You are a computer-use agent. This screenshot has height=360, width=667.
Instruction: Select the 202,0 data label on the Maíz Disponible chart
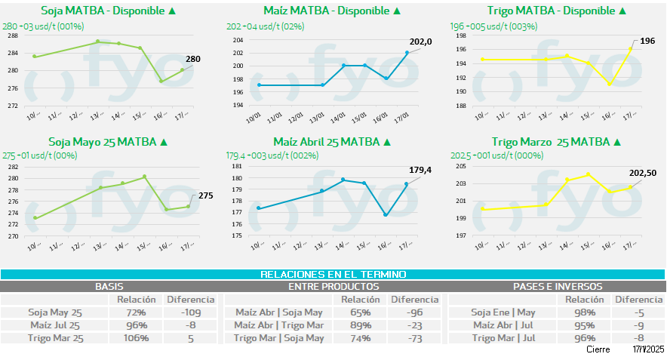click(420, 42)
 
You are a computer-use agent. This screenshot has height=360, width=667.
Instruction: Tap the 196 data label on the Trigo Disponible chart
click(647, 41)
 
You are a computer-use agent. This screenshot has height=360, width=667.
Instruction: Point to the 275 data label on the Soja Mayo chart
click(206, 195)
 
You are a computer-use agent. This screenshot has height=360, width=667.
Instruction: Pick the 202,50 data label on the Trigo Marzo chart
click(643, 174)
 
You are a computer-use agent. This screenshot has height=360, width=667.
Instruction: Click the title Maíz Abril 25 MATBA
click(330, 142)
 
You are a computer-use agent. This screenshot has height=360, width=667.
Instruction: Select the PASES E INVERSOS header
click(558, 287)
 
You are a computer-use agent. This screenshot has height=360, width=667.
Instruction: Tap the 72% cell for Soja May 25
click(137, 312)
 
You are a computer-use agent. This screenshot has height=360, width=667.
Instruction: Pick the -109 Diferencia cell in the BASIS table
click(190, 312)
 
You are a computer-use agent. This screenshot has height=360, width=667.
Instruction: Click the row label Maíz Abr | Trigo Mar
click(279, 325)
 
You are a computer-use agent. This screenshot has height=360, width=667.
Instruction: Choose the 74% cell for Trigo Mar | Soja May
click(360, 338)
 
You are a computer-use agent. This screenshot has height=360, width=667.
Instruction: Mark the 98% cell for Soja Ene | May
click(585, 312)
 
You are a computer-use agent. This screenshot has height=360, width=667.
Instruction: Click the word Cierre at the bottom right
click(598, 350)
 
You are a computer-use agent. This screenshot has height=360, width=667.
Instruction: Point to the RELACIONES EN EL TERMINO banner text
click(333, 275)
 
